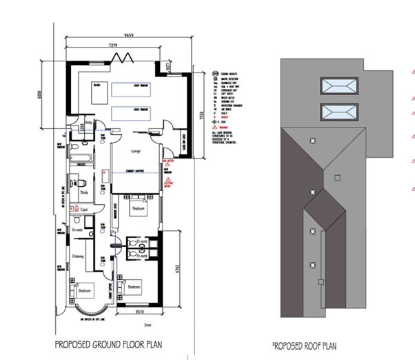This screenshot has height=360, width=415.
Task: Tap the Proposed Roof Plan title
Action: [305, 343]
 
